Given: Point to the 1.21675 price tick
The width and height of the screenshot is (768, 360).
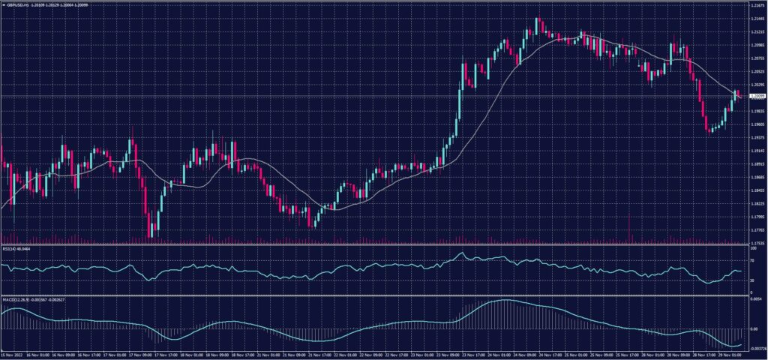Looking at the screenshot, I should (x=757, y=5).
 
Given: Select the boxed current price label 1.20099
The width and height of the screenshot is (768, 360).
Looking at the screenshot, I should (x=757, y=97).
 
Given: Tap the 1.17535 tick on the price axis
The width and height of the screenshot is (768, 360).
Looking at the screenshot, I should (x=757, y=243).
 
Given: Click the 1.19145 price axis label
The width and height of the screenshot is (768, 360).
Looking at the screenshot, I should (x=757, y=151).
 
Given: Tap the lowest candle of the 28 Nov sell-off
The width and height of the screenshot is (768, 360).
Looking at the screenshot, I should (x=709, y=131).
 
